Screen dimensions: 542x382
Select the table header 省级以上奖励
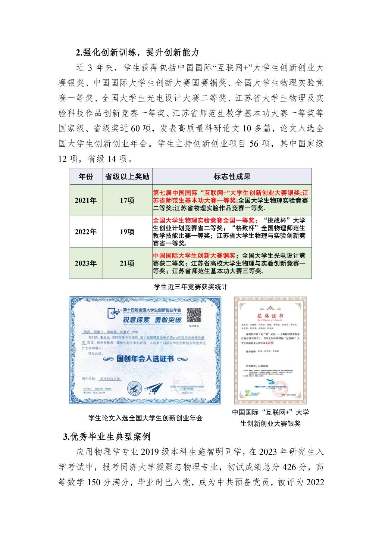coord(127,177)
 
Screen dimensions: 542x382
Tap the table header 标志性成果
coord(232,177)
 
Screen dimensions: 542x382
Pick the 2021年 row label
coord(86,200)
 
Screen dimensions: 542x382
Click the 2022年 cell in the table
coord(86,232)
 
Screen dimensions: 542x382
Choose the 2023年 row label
coord(86,263)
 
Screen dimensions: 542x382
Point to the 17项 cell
coord(127,200)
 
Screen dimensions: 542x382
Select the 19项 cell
coord(127,232)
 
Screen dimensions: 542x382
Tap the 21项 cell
coord(127,263)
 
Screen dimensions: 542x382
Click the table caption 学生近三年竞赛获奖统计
coord(191,287)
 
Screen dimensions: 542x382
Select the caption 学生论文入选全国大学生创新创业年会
coord(145,418)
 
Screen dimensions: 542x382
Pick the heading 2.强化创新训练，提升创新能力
coord(138,52)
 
